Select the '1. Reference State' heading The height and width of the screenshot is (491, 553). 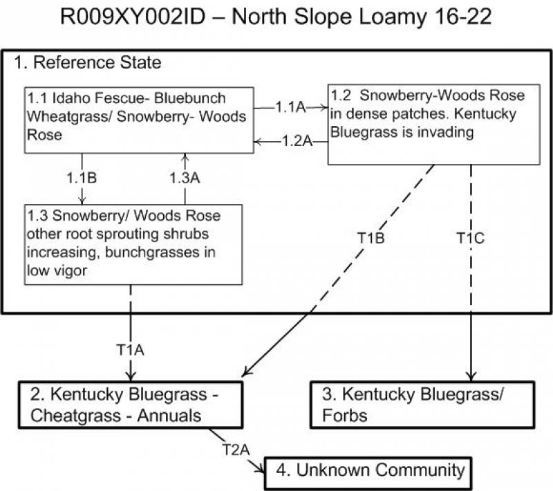[88, 63]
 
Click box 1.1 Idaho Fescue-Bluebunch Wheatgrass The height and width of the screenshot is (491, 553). [136, 117]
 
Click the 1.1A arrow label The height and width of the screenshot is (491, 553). [290, 107]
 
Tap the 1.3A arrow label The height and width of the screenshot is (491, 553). [186, 178]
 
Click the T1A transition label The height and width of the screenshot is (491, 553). [131, 350]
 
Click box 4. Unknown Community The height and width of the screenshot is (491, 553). [371, 471]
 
